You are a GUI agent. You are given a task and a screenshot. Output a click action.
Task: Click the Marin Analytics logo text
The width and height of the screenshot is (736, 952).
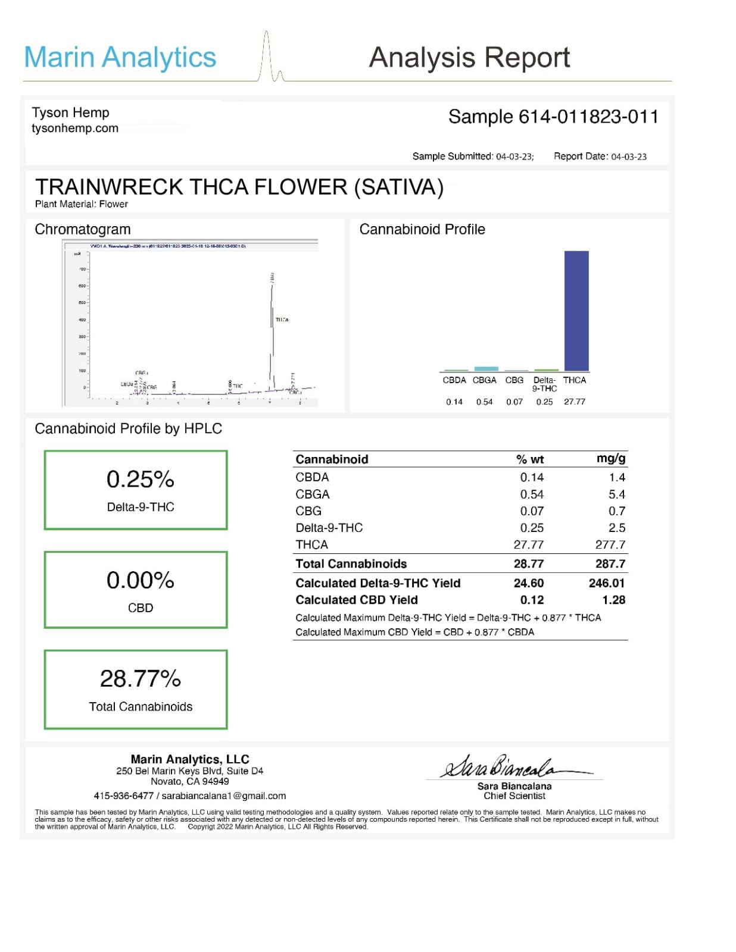[x=120, y=58]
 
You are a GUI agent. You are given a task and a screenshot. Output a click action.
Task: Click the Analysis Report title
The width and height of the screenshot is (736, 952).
[x=469, y=58]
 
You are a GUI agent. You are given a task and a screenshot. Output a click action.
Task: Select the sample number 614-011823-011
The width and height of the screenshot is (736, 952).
[x=588, y=117]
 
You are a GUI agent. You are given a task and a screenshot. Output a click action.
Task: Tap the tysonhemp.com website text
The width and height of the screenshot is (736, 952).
[x=75, y=128]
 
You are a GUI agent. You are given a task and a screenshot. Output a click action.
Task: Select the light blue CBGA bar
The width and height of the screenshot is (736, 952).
[x=486, y=369]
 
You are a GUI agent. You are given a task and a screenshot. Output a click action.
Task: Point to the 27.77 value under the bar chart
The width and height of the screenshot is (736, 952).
[x=574, y=402]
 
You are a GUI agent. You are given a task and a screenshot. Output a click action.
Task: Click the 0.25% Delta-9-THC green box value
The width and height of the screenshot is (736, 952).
[x=140, y=480]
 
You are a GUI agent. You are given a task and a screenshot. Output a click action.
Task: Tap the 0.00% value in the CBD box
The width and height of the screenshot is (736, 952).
[x=140, y=580]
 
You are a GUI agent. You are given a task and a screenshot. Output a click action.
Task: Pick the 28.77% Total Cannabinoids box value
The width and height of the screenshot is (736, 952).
[x=140, y=679]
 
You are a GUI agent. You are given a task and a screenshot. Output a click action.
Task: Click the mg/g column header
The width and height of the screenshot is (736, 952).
[x=610, y=458]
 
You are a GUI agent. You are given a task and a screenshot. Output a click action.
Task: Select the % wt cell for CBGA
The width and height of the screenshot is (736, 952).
[x=531, y=494]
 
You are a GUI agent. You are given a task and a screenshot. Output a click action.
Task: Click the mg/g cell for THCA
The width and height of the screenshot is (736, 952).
[x=610, y=544]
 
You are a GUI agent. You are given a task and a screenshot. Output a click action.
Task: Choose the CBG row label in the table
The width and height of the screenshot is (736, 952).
[x=308, y=511]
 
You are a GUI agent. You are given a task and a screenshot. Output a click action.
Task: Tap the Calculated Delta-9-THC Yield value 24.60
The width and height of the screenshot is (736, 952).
[x=528, y=583]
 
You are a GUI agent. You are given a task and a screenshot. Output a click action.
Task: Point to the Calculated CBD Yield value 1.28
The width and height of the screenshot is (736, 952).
[x=613, y=600]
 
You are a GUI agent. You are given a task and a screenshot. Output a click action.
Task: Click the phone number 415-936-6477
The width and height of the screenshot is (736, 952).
[x=123, y=796]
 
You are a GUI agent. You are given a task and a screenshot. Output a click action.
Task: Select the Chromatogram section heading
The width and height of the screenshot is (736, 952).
[x=83, y=230]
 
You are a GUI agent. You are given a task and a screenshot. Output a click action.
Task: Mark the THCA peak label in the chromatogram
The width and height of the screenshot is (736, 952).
[x=282, y=320]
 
